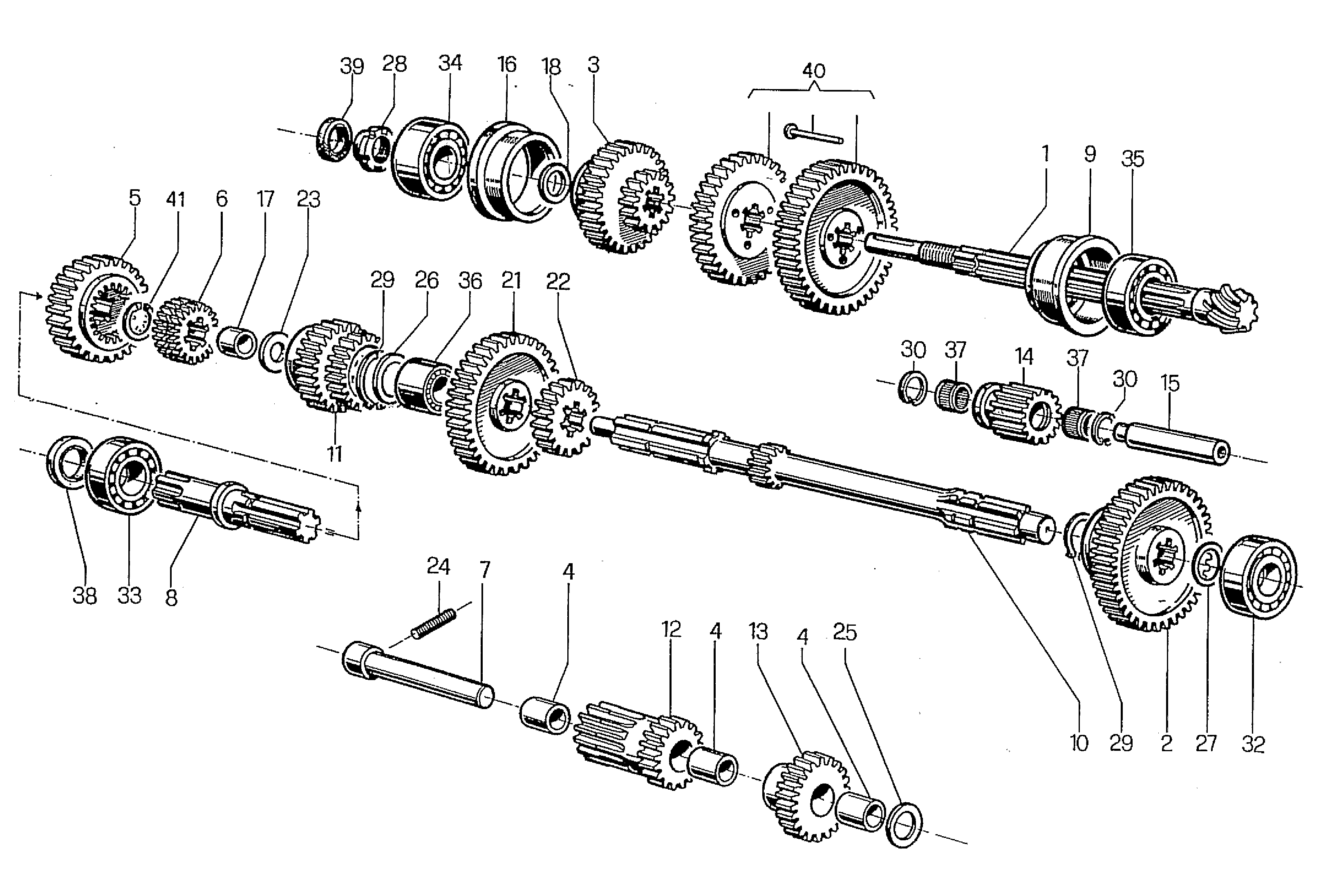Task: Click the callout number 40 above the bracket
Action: (x=813, y=71)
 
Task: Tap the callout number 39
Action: (x=352, y=66)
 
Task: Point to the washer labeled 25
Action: (x=902, y=824)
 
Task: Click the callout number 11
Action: (x=334, y=454)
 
